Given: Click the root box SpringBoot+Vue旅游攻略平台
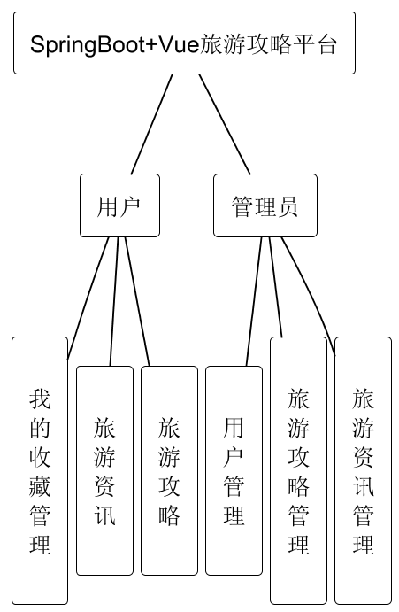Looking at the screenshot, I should point(184,43).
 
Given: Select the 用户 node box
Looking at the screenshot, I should point(119,205).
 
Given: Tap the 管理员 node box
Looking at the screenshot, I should point(265,205).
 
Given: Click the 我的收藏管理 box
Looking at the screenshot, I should point(40,469).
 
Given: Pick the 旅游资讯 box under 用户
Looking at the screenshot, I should point(104,469).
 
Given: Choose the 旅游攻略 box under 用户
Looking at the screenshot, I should point(169,469).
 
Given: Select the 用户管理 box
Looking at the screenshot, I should point(234,469).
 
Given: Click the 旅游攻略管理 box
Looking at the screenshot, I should point(298,469).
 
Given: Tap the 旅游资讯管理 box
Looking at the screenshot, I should point(363,469).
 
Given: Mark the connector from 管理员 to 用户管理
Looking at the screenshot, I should point(255,301).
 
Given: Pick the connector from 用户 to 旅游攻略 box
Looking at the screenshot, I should point(137,301).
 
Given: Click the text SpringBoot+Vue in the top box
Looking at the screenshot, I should point(115,44).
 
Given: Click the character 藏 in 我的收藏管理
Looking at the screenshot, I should point(40,485).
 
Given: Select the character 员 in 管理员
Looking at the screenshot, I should point(288,206).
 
